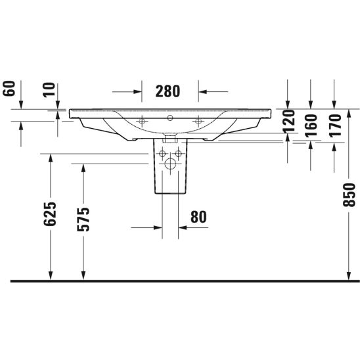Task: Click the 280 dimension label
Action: [168, 91]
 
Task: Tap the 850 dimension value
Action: [349, 195]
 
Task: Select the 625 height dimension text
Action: [50, 214]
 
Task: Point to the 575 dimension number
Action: [83, 219]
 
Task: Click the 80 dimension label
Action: [198, 217]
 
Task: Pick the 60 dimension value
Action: [9, 89]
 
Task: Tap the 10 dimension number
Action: [49, 90]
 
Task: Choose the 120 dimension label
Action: [289, 122]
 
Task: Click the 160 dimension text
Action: [311, 125]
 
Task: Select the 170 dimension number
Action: [335, 125]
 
